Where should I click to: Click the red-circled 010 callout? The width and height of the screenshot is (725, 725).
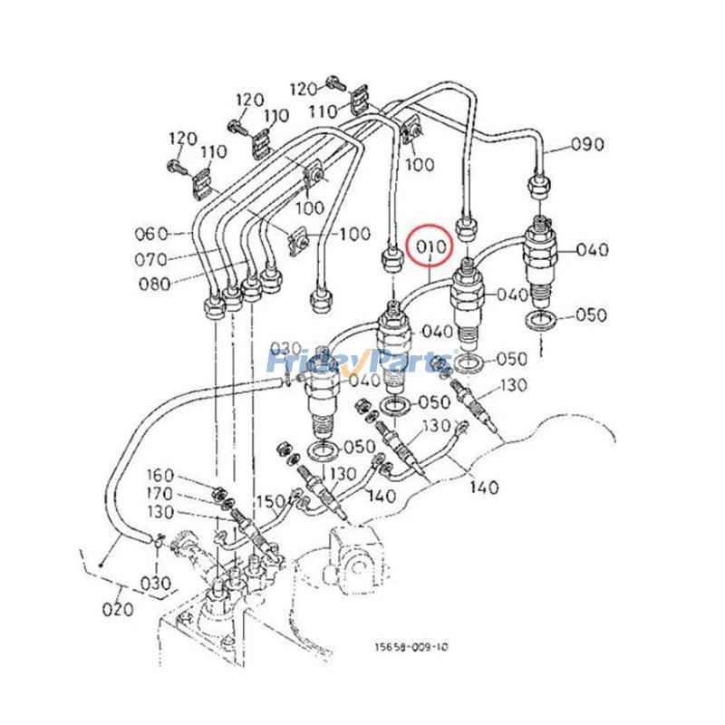click(431, 246)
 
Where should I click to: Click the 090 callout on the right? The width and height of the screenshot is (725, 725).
click(586, 144)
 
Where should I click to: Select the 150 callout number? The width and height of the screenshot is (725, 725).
click(269, 501)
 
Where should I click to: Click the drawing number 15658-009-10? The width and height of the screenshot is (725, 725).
click(411, 647)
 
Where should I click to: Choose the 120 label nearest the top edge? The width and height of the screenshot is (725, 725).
click(305, 88)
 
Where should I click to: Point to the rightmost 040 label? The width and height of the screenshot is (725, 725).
click(592, 249)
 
